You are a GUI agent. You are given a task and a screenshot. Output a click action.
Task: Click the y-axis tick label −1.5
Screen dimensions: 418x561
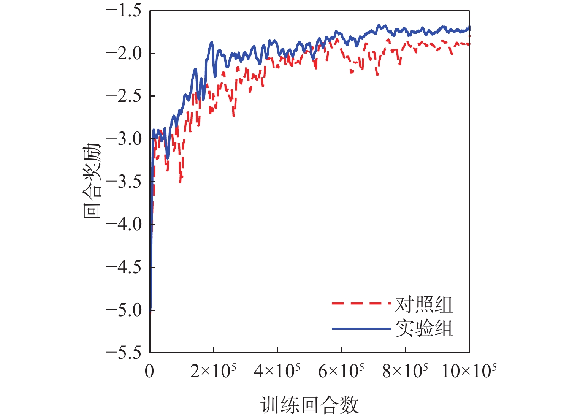tap(124, 11)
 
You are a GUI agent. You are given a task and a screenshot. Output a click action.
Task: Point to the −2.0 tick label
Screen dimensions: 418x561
tap(124, 53)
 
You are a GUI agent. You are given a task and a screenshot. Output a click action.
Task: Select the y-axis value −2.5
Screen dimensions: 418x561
tap(124, 96)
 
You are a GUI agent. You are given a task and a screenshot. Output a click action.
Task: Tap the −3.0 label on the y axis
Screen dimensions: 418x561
tap(124, 139)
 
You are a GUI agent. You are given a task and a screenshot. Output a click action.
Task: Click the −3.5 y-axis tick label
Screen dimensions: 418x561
tap(124, 182)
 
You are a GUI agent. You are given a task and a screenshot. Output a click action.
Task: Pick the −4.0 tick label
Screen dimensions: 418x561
tap(124, 224)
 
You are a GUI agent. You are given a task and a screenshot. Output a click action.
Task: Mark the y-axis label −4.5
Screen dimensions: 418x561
tap(124, 267)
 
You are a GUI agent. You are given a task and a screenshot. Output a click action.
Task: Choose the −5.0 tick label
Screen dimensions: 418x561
tap(124, 310)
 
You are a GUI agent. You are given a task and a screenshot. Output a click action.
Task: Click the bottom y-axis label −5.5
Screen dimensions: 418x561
tap(124, 353)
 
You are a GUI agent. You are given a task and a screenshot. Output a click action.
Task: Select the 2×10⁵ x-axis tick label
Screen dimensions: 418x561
tap(213, 370)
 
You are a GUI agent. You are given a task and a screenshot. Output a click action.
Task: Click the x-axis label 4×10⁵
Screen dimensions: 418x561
tap(277, 370)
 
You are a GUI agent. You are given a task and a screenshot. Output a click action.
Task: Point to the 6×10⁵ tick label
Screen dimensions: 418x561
tap(341, 370)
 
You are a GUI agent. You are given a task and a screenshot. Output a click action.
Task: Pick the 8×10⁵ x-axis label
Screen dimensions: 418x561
tap(405, 370)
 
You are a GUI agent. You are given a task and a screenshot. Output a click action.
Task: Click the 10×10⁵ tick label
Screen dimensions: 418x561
tap(469, 370)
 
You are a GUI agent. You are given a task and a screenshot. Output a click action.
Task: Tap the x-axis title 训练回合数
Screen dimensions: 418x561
tap(309, 405)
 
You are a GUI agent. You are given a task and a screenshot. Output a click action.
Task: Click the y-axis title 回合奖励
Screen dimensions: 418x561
tap(92, 182)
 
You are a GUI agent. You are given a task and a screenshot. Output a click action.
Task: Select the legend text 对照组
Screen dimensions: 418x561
tap(424, 304)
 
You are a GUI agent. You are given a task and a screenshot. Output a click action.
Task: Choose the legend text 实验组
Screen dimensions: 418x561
tap(424, 328)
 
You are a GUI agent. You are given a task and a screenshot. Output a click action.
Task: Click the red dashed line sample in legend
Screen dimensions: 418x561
tap(361, 304)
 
